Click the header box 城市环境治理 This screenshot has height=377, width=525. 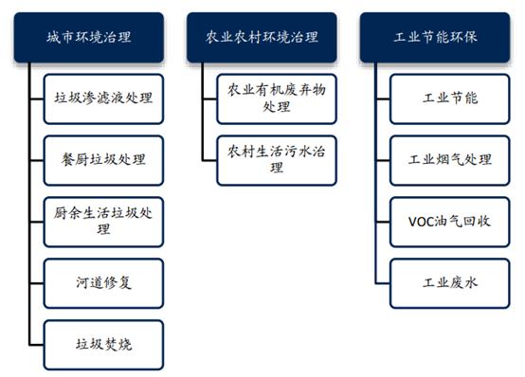pyautogui.click(x=90, y=38)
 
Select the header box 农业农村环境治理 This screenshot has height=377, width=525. pyautogui.click(x=262, y=38)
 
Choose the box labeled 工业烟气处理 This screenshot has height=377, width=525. pyautogui.click(x=450, y=158)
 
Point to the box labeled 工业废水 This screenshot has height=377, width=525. pyautogui.click(x=450, y=282)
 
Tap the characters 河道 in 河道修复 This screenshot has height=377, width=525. pyautogui.click(x=90, y=282)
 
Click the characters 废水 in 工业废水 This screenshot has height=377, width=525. pyautogui.click(x=464, y=282)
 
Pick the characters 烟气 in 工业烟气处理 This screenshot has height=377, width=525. pyautogui.click(x=450, y=158)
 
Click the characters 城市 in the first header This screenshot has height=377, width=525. pyautogui.click(x=62, y=38)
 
